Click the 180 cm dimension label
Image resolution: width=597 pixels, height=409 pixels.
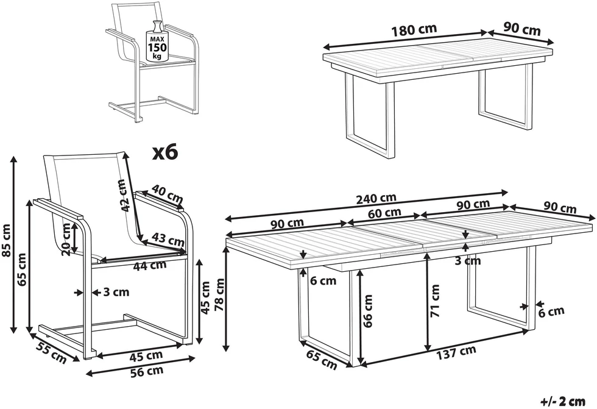click(414, 30)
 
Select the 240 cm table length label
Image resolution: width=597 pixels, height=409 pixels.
click(376, 199)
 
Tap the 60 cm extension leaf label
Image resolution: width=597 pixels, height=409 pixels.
click(385, 213)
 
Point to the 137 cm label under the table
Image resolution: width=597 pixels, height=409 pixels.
click(456, 352)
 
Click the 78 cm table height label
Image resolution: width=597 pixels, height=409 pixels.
click(220, 294)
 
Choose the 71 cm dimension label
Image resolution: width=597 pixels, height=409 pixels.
click(435, 301)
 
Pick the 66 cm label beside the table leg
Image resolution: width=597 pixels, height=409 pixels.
click(368, 311)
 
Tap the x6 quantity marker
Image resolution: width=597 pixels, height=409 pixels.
click(165, 153)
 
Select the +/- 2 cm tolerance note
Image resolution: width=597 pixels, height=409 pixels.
click(563, 401)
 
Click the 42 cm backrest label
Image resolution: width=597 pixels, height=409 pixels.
click(123, 196)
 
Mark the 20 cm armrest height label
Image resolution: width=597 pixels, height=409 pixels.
click(66, 240)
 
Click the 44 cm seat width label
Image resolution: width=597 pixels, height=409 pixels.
click(150, 265)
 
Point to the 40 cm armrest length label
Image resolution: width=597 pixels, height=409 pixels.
click(167, 194)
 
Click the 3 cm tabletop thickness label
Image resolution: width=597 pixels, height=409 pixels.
click(468, 261)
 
